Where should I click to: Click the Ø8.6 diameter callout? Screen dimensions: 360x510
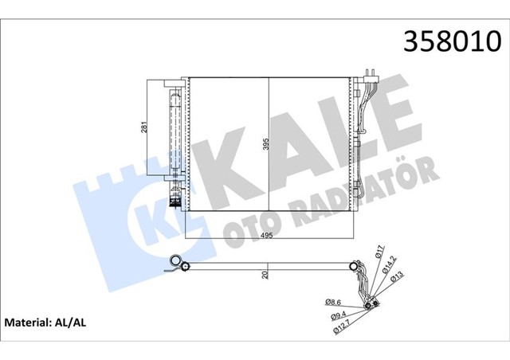(x=335, y=302)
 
